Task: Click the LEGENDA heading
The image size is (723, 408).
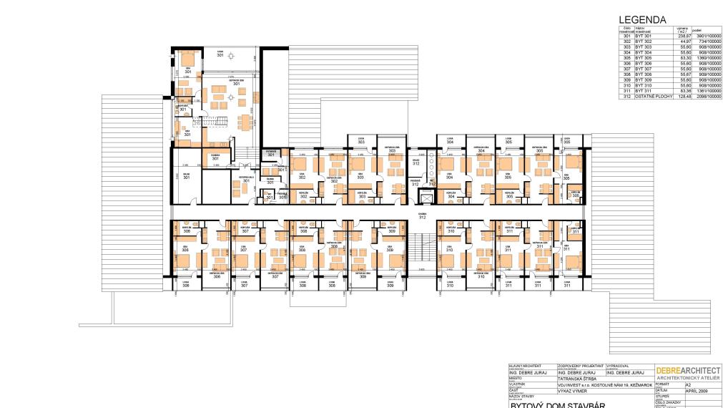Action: point(637,20)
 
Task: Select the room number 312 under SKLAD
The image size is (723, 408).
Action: point(415,164)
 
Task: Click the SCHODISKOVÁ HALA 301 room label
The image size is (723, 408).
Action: point(245,179)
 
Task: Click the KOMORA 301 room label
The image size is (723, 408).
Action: point(214,157)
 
